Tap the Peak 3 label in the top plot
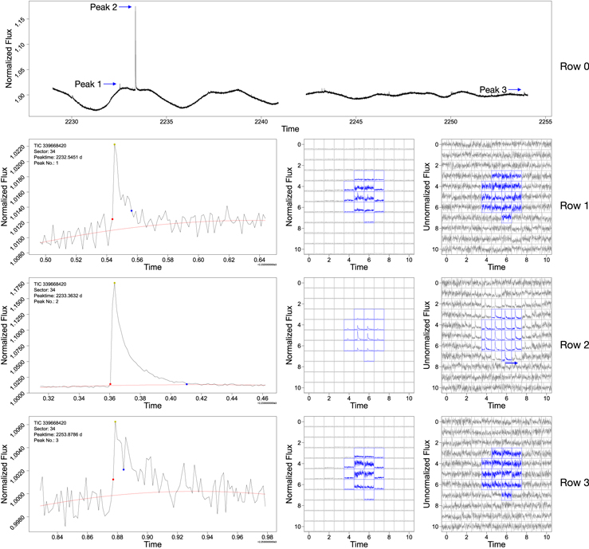493,90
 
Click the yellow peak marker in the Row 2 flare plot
115,283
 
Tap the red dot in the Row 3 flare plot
113,479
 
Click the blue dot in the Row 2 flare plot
187,384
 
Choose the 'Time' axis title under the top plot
290,128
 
